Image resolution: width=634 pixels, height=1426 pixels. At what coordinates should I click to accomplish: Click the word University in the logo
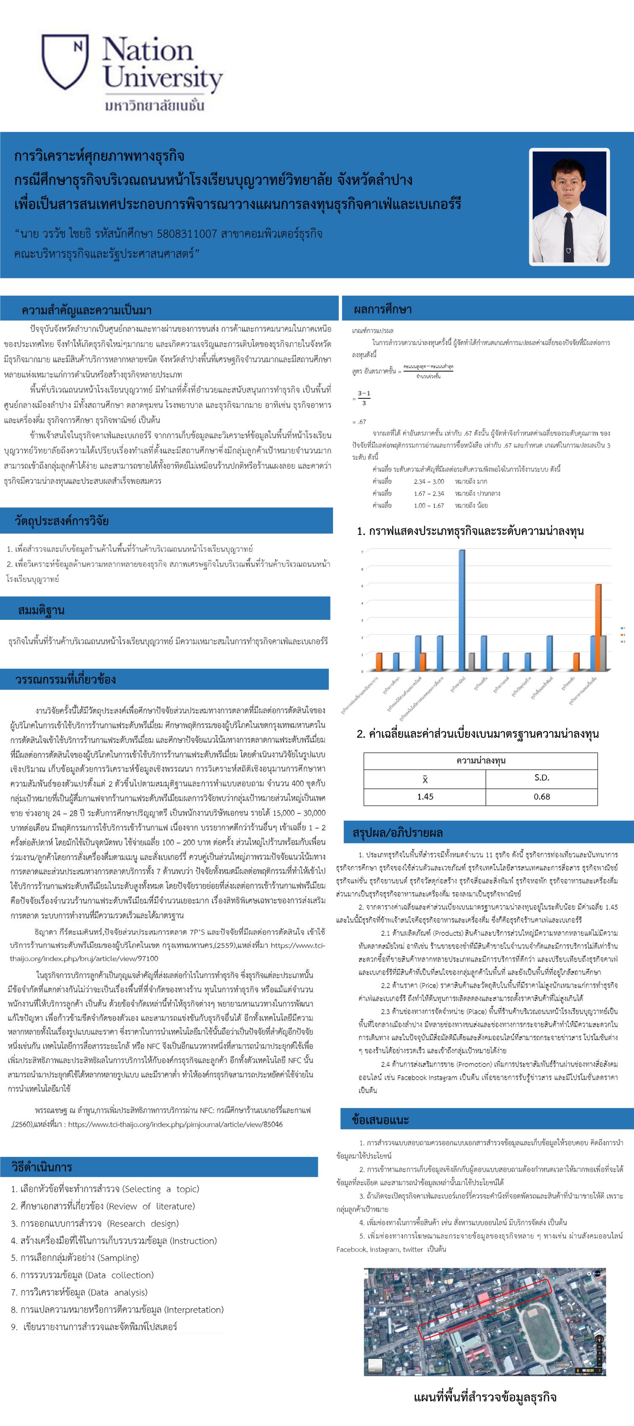pyautogui.click(x=163, y=78)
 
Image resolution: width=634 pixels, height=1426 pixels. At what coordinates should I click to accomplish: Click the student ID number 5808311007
pyautogui.click(x=186, y=234)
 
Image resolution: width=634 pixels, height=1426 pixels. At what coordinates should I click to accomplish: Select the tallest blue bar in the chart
pyautogui.click(x=462, y=609)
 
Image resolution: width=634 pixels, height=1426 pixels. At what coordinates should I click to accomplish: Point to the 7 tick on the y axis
pyautogui.click(x=362, y=552)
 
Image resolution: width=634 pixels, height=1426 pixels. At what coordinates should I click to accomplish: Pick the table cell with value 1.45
pyautogui.click(x=425, y=796)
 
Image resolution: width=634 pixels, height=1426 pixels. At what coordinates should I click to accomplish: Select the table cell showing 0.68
pyautogui.click(x=541, y=796)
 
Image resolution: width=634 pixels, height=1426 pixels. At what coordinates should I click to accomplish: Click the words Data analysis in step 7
pyautogui.click(x=118, y=1292)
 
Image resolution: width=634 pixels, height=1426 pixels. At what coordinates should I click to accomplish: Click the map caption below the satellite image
pyautogui.click(x=484, y=1397)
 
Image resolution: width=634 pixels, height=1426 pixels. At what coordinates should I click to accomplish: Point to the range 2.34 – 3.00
pyautogui.click(x=429, y=482)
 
